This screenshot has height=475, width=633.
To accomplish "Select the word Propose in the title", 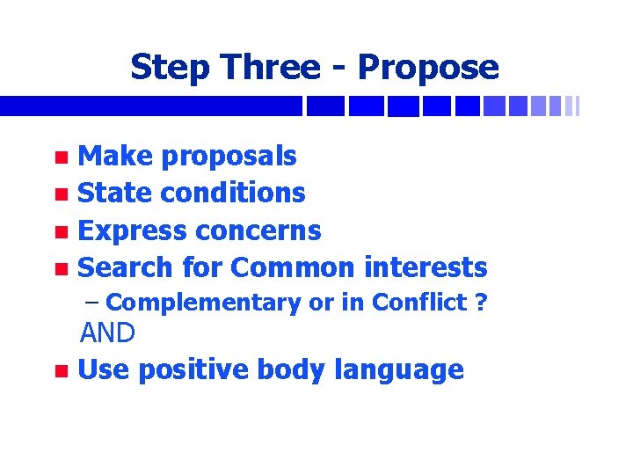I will coord(428,67).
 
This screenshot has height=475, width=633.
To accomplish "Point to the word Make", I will coord(112,157).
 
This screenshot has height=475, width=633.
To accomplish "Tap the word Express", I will coord(133,230).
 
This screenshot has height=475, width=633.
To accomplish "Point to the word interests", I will coord(426,267).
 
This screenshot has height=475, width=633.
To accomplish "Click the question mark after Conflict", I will coord(480,303).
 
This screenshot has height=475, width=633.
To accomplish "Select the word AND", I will coord(108,333).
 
